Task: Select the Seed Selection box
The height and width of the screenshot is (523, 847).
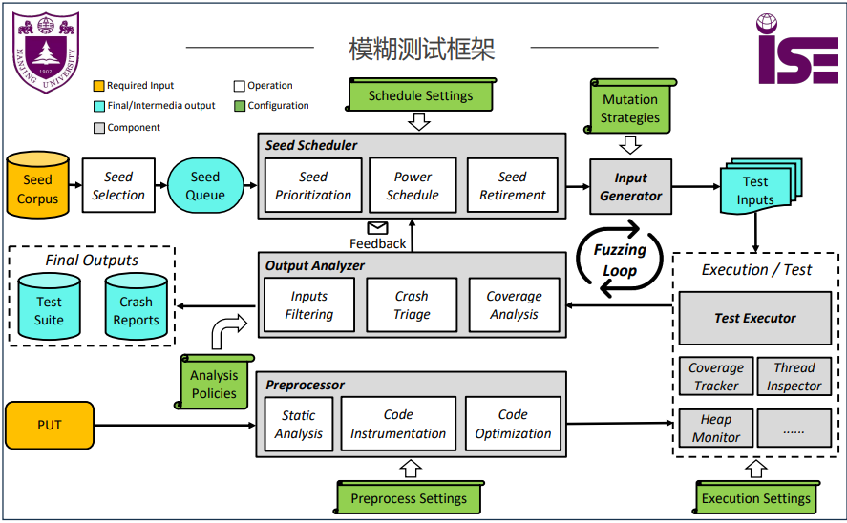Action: (x=118, y=186)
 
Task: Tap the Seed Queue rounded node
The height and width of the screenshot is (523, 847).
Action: (x=204, y=186)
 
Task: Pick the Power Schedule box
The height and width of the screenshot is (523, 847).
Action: (x=413, y=186)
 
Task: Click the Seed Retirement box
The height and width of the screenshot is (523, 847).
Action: (x=513, y=186)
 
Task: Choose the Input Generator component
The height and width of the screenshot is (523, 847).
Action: (x=630, y=186)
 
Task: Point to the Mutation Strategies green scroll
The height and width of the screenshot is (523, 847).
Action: (x=630, y=108)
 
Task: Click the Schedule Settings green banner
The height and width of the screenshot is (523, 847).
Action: (x=420, y=95)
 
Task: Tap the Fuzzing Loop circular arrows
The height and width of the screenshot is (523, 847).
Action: (x=620, y=258)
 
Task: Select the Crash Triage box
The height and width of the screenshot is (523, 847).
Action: (x=412, y=305)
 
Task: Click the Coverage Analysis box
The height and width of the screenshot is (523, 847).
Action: (x=514, y=305)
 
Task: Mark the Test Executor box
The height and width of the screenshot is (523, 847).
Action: (x=755, y=319)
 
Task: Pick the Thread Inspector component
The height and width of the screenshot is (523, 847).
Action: (x=794, y=377)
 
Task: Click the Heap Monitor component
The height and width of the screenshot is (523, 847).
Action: (x=716, y=428)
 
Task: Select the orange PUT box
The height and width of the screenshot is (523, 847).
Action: (x=50, y=425)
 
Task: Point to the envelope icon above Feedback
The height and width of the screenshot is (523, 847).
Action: (x=378, y=227)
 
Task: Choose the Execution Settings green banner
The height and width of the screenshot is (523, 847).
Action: (x=755, y=498)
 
